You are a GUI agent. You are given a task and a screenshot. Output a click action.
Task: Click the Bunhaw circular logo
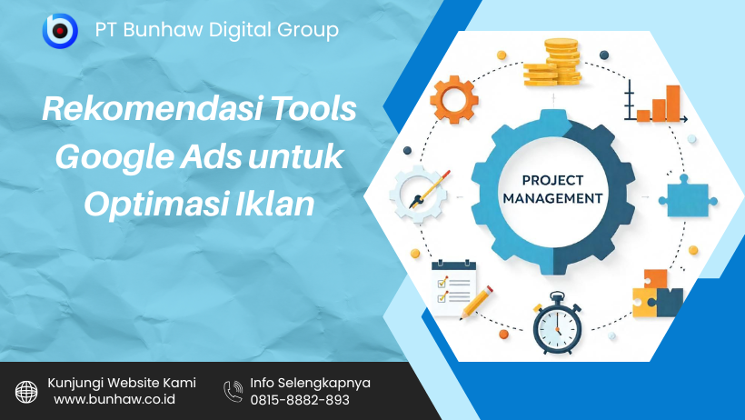(x=60, y=31)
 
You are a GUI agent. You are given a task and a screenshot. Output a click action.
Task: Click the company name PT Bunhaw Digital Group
(x=216, y=30)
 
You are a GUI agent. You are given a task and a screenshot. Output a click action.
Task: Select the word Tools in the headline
(x=310, y=110)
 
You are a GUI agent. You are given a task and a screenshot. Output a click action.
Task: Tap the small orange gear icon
(x=453, y=99)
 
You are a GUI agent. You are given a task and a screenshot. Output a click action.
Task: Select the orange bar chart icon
(x=657, y=102)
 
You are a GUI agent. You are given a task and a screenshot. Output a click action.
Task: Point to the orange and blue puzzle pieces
(x=657, y=293)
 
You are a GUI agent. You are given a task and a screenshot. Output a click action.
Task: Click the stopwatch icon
(x=557, y=324)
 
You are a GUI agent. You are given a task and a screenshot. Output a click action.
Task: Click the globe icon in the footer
(x=27, y=391)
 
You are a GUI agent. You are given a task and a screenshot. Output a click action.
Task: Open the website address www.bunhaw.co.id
(x=114, y=400)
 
